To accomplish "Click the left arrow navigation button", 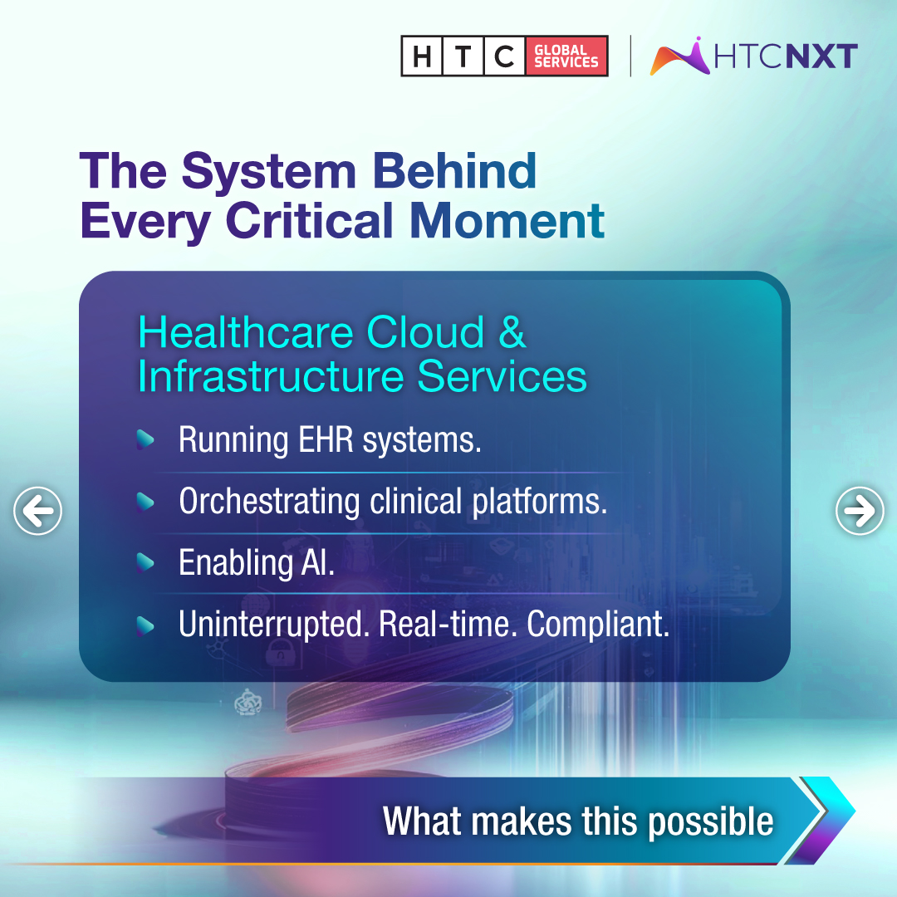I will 38,511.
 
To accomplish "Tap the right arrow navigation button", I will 860,511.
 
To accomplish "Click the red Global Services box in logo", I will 566,56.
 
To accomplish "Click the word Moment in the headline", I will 507,221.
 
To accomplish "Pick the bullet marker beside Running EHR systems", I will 145,440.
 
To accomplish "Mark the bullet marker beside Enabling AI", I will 145,563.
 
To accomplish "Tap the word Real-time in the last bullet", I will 448,625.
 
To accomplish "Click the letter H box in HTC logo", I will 422,56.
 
